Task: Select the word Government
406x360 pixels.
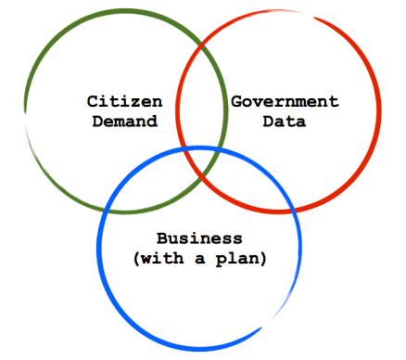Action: (x=285, y=100)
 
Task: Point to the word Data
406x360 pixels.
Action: (x=285, y=121)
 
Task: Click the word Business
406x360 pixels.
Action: (x=199, y=238)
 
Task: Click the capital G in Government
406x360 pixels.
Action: (x=235, y=100)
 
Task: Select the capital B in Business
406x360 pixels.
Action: (x=162, y=238)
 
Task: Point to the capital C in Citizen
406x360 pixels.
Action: (x=93, y=100)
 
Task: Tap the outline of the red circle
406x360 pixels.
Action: (x=379, y=111)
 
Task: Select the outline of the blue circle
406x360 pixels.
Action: (x=199, y=349)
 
